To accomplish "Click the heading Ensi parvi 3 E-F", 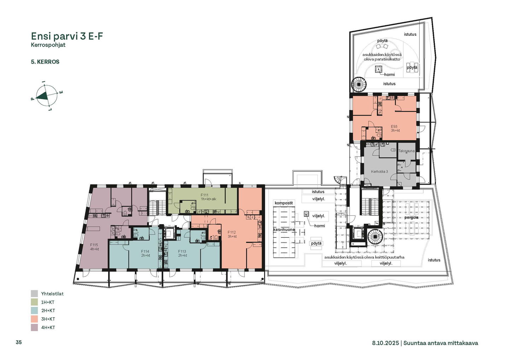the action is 67,36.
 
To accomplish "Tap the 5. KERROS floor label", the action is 45,62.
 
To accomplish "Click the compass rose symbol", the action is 47,96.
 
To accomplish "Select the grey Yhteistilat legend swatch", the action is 34,294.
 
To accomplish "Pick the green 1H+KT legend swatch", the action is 34,302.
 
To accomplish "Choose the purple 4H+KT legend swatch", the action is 34,327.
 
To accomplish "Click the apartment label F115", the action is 94,245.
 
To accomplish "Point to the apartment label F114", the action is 145,251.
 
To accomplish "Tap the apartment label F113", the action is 182,251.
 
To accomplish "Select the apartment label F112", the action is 232,232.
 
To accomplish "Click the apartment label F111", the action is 205,195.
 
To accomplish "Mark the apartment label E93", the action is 394,127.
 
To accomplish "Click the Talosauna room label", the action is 406,151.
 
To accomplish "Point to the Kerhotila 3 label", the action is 380,172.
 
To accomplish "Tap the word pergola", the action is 411,217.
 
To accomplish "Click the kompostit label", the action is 284,203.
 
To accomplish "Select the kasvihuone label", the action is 284,230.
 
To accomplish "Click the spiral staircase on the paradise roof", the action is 359,84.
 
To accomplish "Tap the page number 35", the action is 19,342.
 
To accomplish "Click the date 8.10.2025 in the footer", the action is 385,343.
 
